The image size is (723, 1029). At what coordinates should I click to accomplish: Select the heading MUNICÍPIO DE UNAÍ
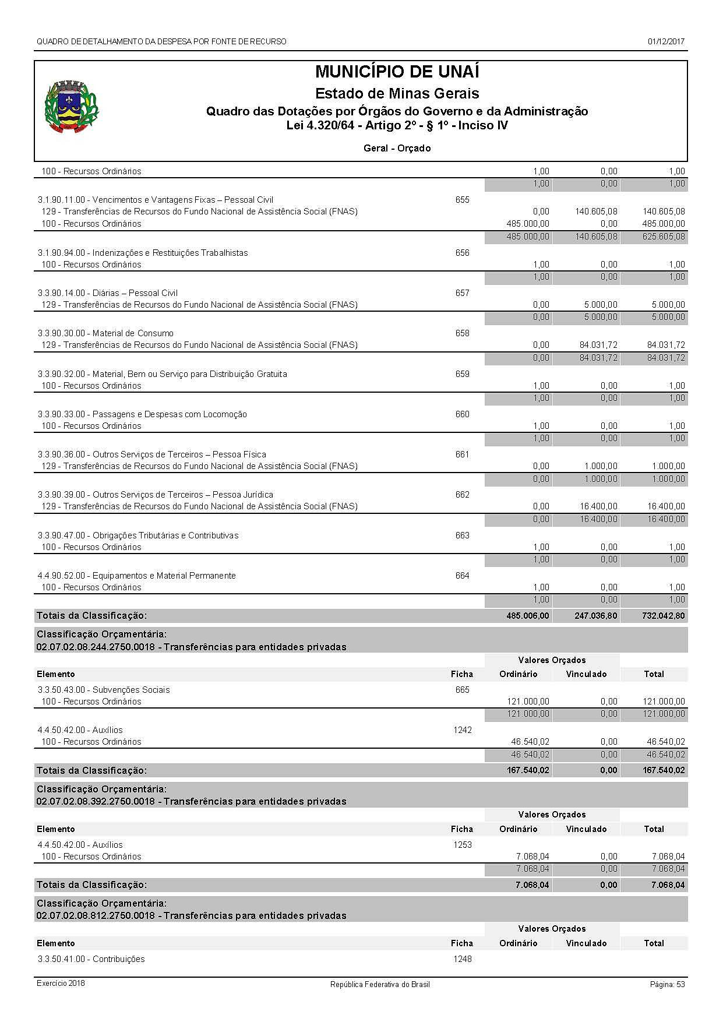tap(397, 72)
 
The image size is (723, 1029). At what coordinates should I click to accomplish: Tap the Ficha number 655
tap(462, 200)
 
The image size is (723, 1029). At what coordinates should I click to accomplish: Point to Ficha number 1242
tap(462, 730)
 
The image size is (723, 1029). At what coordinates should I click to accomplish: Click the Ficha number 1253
tap(462, 845)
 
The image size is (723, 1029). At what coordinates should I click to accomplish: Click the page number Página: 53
tap(667, 984)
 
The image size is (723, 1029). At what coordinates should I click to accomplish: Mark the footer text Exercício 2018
tap(61, 984)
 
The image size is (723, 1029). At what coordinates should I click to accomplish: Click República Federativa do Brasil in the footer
tap(380, 984)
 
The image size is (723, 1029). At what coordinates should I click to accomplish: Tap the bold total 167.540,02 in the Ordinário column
tap(527, 770)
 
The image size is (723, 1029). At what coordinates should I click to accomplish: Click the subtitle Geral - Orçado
tap(397, 149)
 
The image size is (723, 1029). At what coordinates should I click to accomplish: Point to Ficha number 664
tap(462, 576)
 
